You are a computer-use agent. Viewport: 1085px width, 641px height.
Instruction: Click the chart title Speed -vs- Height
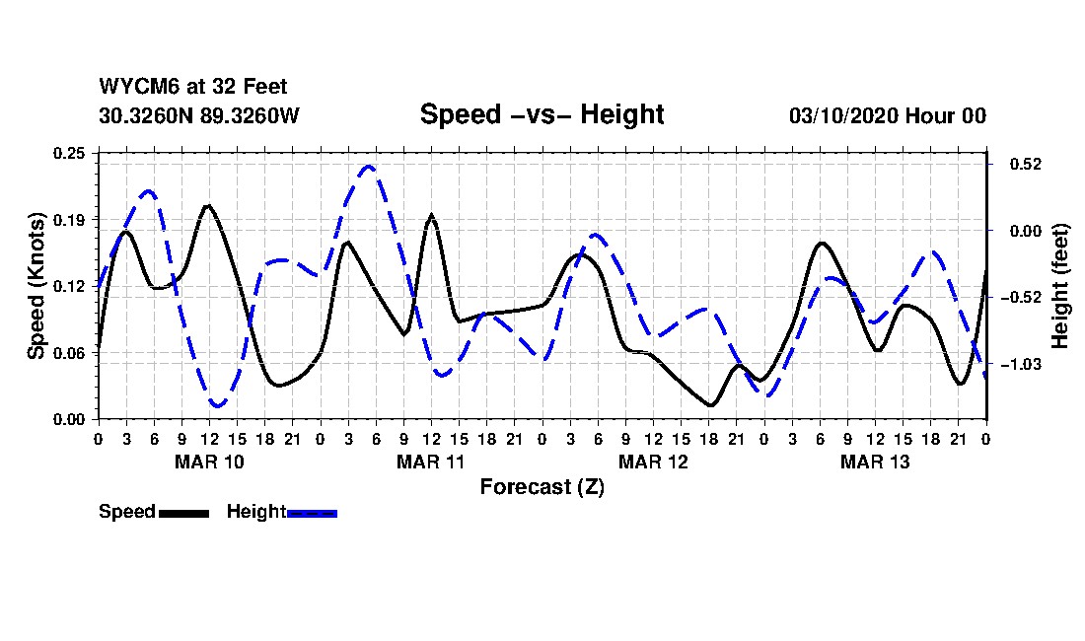[542, 114]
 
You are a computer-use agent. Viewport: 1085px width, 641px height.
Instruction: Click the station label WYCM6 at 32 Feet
[193, 87]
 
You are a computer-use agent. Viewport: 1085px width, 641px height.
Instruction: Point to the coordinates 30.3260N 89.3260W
[198, 115]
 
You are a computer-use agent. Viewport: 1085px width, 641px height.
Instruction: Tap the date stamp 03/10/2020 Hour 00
[887, 115]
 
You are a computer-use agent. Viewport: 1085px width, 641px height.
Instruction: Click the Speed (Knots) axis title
[36, 285]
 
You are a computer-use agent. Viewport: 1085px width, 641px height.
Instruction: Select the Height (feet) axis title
[1060, 286]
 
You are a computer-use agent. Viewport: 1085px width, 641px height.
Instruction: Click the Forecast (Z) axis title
[542, 486]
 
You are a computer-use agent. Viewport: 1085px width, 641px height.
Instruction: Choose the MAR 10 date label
[209, 462]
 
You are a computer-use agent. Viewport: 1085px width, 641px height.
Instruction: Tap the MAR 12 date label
[653, 462]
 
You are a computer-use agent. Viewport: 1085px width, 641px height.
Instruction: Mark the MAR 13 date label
[875, 462]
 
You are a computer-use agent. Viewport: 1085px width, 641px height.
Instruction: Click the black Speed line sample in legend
[183, 513]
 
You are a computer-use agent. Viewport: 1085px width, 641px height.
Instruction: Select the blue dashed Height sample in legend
[312, 513]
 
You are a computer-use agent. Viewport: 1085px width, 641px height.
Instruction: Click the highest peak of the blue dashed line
[368, 166]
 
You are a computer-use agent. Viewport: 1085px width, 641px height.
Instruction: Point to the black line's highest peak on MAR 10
[208, 205]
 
